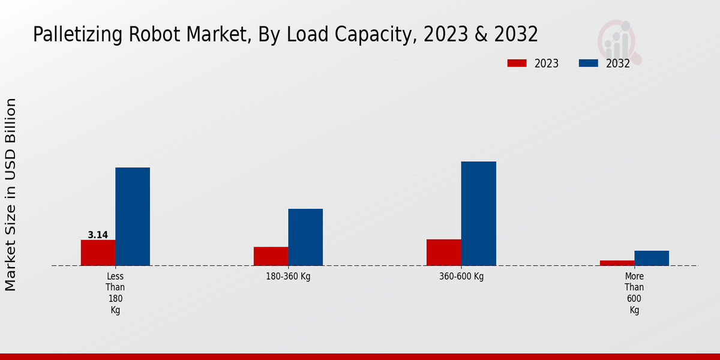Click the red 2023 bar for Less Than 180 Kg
(98, 253)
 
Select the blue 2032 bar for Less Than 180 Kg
(133, 217)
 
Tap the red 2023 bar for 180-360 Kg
(271, 256)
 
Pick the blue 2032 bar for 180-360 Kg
(305, 237)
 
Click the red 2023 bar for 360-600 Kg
(444, 252)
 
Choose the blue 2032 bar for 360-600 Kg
(479, 214)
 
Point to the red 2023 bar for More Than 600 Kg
(617, 263)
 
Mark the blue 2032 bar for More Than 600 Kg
(652, 258)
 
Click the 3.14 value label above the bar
(98, 235)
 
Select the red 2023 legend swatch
(517, 63)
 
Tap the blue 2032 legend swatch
(589, 63)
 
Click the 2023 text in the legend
(547, 64)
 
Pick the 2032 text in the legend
(618, 64)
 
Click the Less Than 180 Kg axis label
(115, 293)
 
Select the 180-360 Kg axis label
(288, 277)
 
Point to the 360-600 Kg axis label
(461, 277)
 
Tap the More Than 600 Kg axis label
(634, 293)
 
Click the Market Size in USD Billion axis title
(11, 195)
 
